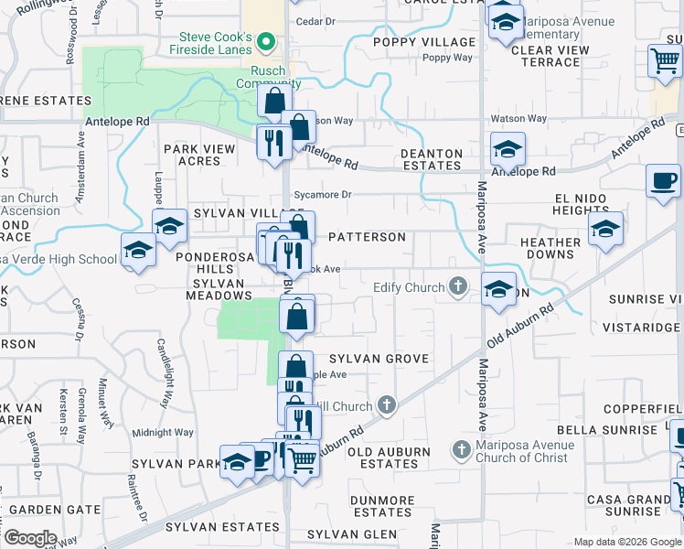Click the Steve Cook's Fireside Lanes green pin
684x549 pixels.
266,40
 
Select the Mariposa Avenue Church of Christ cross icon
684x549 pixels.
462,451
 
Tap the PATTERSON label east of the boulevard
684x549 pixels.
366,237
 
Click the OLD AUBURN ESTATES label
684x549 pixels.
389,457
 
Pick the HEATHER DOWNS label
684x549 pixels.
550,249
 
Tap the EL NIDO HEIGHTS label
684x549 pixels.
581,203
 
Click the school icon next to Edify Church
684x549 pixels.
497,290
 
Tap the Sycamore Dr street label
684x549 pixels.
323,195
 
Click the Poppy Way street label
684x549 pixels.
447,58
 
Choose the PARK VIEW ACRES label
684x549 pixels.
192,155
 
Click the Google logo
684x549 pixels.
30,538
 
